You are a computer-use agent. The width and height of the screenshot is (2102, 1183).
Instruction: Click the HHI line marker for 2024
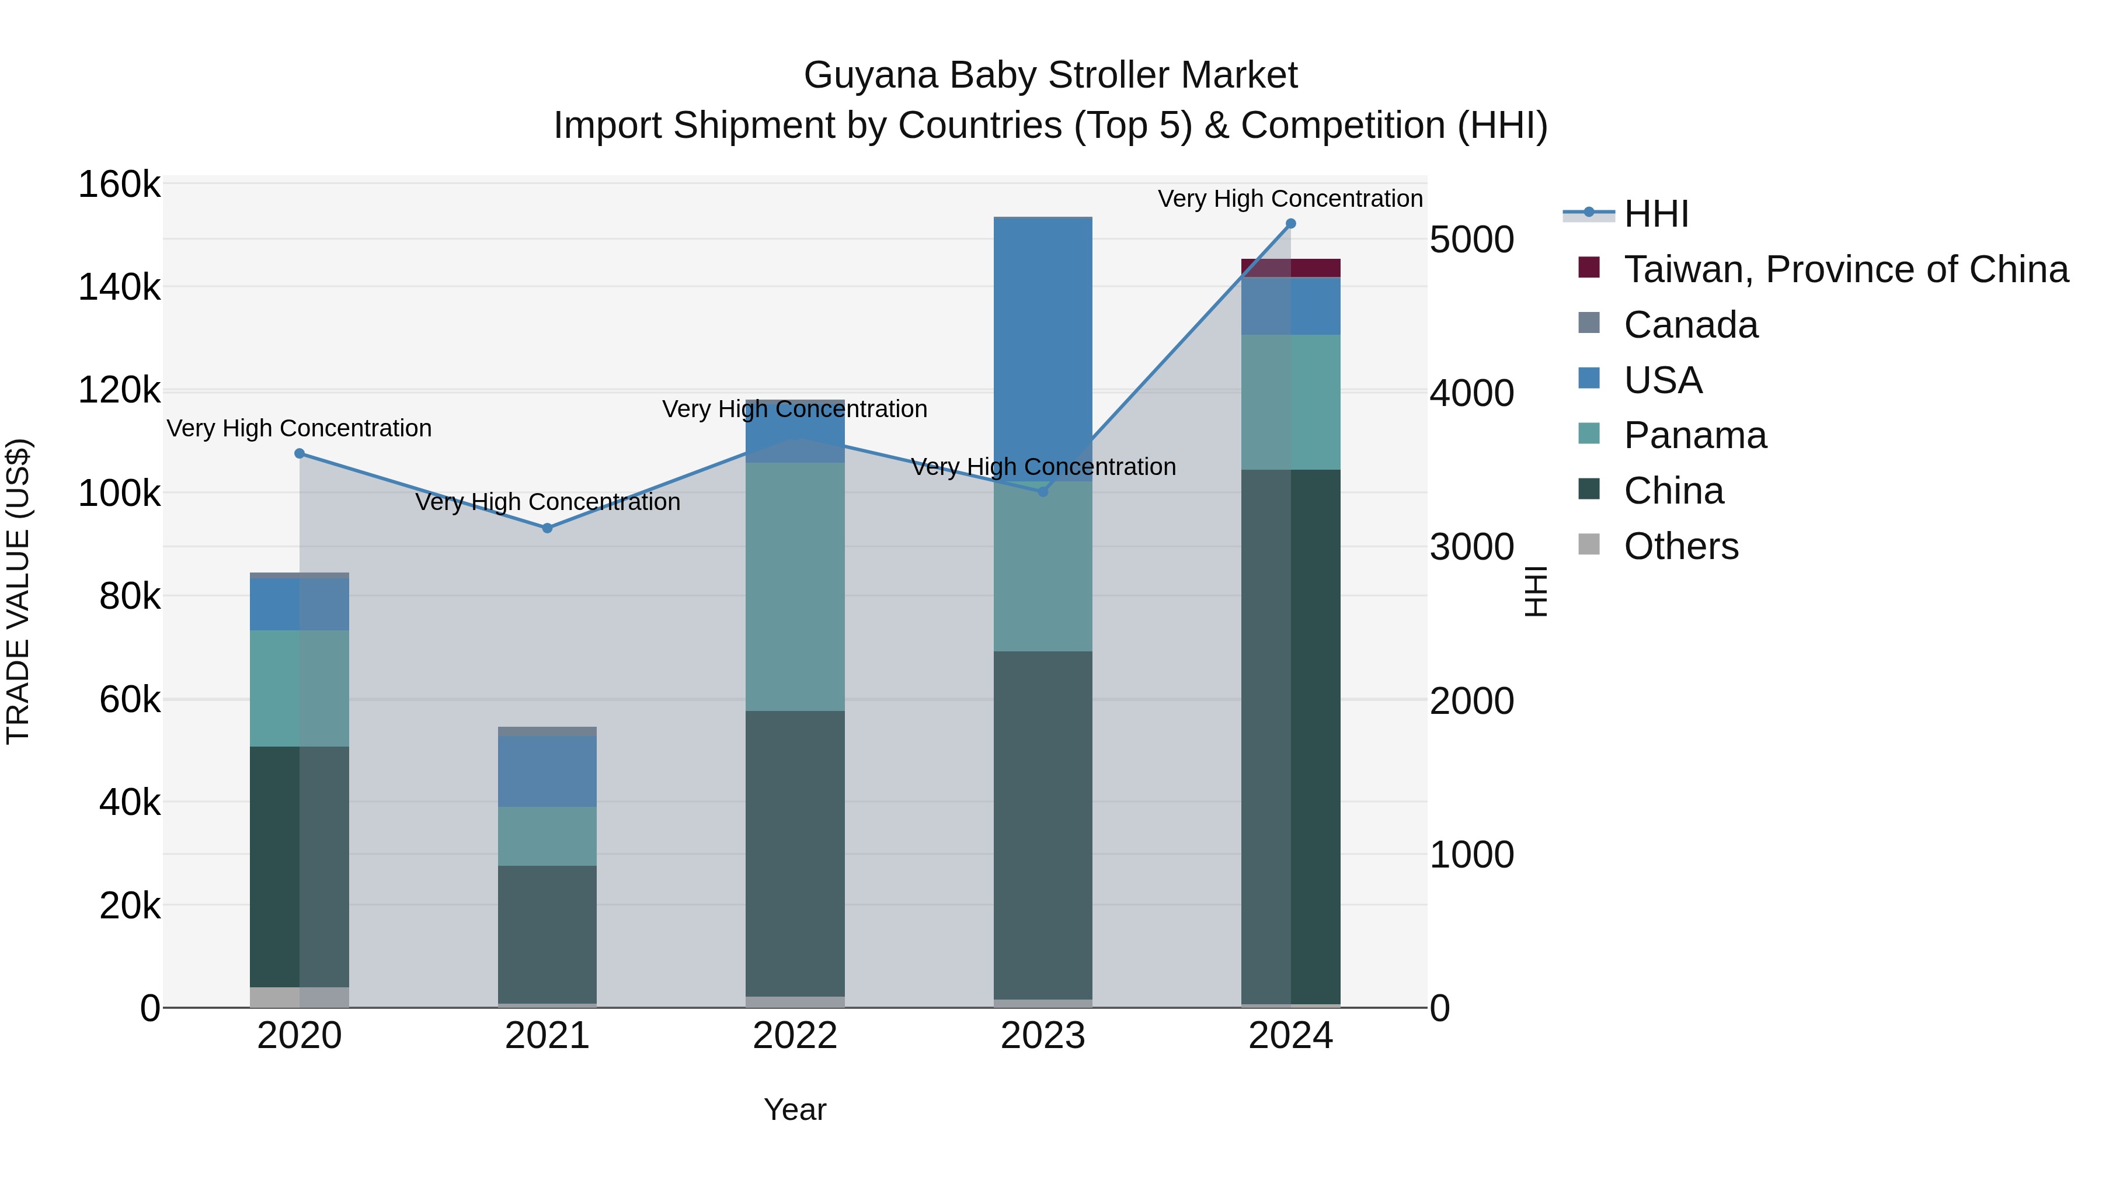pos(1290,224)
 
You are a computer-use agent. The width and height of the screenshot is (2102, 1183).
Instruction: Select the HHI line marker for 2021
pos(548,528)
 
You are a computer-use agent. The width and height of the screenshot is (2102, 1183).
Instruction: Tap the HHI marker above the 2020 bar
pos(300,453)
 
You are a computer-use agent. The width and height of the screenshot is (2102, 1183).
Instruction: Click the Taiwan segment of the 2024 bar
pos(1290,268)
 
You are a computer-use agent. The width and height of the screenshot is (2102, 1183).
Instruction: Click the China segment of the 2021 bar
pos(548,934)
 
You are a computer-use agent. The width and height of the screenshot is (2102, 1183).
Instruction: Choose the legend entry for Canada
pos(1690,325)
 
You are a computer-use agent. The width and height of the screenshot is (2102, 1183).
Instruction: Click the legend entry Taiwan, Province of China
pos(1846,269)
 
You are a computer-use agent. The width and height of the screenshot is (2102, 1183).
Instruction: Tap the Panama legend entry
pos(1695,435)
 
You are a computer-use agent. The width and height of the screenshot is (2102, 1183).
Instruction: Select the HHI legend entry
pos(1656,214)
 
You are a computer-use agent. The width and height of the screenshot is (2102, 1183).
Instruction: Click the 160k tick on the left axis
pos(119,185)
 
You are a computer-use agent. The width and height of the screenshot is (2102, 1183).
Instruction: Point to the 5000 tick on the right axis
pos(1471,240)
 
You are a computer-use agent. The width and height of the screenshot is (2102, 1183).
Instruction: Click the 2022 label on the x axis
pos(795,1036)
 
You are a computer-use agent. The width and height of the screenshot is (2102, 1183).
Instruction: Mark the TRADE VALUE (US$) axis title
pos(18,591)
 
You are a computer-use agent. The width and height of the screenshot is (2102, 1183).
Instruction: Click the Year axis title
pos(795,1109)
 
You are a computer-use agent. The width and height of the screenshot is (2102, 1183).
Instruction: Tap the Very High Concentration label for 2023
pos(1043,467)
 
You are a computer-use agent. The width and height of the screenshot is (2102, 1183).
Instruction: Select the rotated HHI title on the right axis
pos(1536,591)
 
